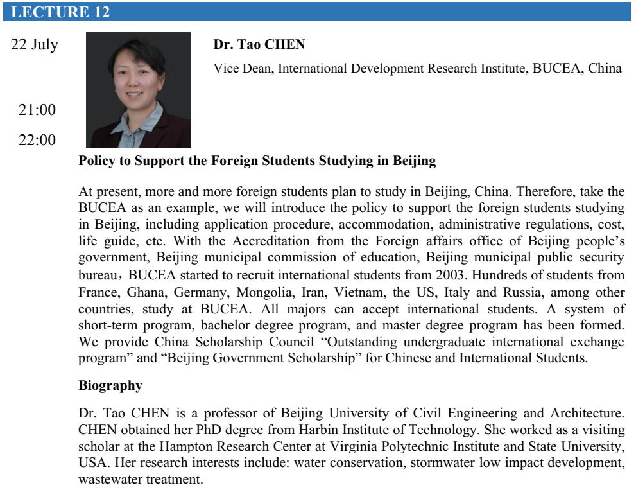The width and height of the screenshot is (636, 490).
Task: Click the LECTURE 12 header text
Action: pos(60,12)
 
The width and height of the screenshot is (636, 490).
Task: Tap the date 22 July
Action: pos(35,45)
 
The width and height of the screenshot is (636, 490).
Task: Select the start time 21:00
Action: pos(37,110)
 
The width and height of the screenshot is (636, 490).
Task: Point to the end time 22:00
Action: pos(37,140)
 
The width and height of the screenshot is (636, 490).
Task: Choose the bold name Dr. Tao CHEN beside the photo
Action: pos(259,45)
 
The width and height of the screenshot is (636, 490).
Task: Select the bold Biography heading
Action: pos(110,386)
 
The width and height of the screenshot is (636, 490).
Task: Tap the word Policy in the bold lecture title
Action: pos(97,161)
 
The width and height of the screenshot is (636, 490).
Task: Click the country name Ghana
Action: pos(144,292)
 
